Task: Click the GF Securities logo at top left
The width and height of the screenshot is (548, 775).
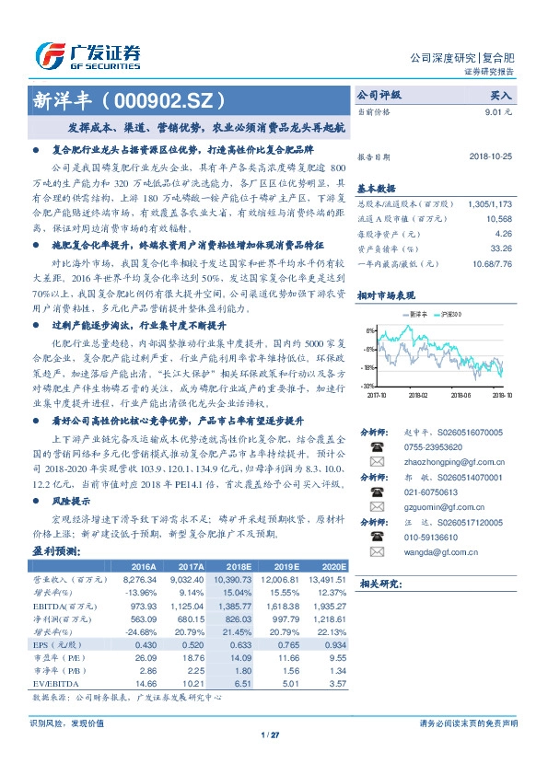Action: pos(87,54)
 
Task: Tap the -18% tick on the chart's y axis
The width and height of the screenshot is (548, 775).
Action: pos(367,367)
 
